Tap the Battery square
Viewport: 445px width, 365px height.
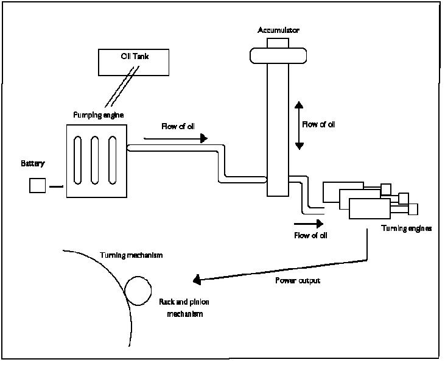(x=38, y=185)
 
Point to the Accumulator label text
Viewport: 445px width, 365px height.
(x=278, y=30)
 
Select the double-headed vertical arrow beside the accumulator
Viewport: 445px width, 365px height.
(x=299, y=126)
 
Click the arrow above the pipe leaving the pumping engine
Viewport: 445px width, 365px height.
(x=176, y=138)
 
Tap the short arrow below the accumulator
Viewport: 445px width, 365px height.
(x=311, y=223)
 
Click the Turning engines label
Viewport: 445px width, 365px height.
(x=407, y=229)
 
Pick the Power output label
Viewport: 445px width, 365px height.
(x=298, y=281)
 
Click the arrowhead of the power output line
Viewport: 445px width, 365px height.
(x=197, y=280)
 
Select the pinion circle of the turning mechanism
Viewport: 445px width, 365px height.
(x=139, y=289)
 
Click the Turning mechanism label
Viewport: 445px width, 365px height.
(x=131, y=255)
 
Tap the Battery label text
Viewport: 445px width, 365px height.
(x=33, y=164)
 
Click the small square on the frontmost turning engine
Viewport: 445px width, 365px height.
(x=413, y=209)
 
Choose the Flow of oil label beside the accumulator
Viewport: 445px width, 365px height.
(x=318, y=124)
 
